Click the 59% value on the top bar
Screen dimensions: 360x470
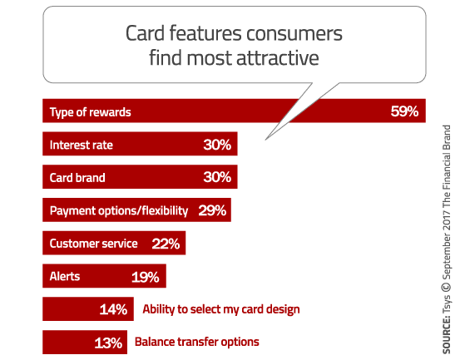point(404,111)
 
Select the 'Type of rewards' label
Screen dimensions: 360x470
point(90,111)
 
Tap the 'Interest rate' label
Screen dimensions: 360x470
point(82,145)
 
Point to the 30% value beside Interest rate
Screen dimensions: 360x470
point(218,145)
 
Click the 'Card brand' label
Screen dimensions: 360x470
point(78,177)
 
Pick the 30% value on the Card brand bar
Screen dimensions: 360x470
point(218,177)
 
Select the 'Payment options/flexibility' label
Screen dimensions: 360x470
point(119,210)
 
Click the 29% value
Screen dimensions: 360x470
point(212,210)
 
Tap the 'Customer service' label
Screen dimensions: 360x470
point(92,244)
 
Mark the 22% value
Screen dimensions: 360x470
point(166,244)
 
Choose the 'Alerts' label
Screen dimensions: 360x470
point(65,276)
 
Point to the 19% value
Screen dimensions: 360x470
point(146,276)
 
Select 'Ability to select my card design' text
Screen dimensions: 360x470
point(221,309)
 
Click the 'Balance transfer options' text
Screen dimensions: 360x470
point(197,342)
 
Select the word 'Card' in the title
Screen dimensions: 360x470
point(144,34)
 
